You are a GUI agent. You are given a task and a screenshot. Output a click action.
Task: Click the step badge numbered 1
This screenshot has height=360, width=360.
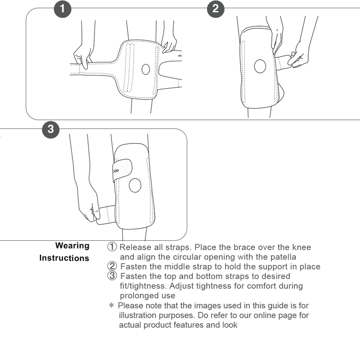click(63, 9)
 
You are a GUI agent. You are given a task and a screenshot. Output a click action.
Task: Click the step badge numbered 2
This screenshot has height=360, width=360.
click(216, 9)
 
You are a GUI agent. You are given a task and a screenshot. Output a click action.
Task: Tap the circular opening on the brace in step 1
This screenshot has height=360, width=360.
click(145, 69)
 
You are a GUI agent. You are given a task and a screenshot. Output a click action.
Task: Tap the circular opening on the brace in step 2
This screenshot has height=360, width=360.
click(260, 67)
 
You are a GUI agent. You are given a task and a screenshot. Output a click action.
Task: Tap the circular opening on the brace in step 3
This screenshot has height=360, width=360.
click(135, 185)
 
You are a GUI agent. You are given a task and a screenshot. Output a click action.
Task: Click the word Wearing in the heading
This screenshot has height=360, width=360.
click(72, 246)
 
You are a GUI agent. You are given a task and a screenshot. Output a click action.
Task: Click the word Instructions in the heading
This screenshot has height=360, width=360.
click(64, 258)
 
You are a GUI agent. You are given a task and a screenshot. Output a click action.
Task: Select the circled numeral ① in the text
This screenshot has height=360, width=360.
click(112, 247)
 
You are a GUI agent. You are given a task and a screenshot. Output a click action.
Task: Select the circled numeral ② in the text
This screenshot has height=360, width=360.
click(112, 266)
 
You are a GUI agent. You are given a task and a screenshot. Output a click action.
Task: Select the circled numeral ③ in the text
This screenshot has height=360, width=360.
click(112, 276)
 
